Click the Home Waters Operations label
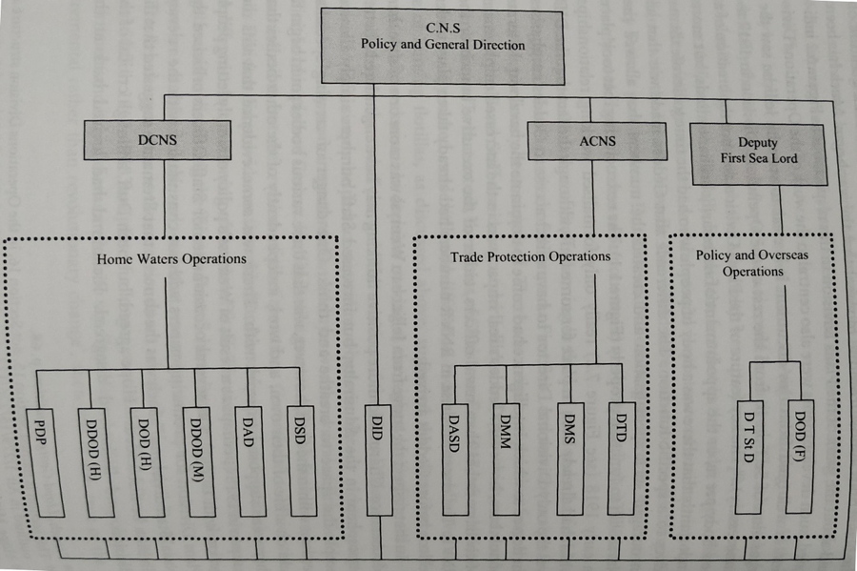(171, 258)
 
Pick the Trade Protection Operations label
(530, 256)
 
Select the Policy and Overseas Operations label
(752, 263)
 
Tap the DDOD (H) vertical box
(93, 454)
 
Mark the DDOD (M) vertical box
(198, 454)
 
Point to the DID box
(377, 459)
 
